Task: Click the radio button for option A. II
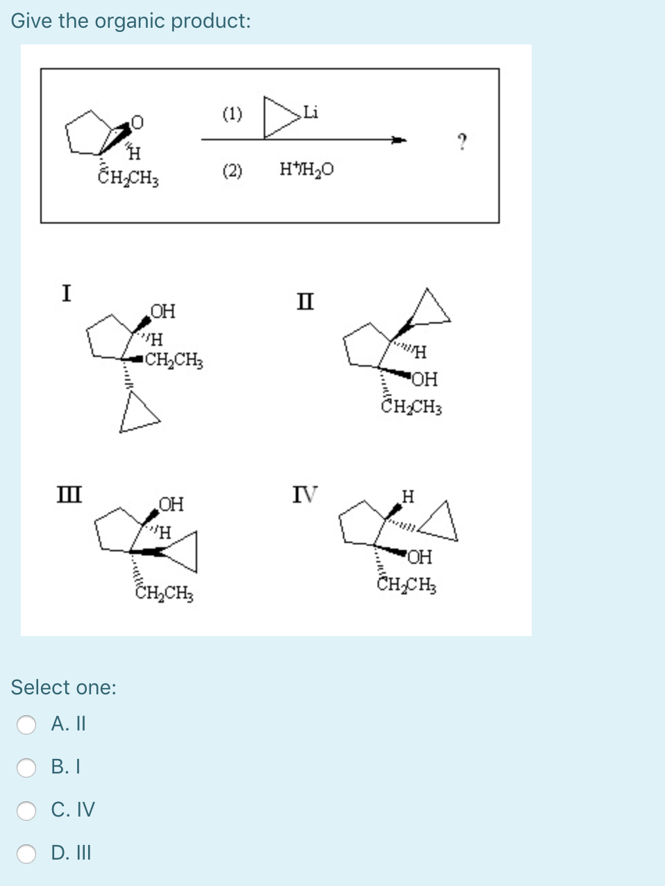tap(26, 724)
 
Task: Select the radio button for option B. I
tap(26, 767)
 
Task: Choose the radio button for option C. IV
tap(26, 810)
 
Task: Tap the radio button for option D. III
tap(26, 853)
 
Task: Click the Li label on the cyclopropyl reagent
tap(310, 112)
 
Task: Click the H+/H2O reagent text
tap(306, 169)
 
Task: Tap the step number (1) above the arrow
tap(233, 113)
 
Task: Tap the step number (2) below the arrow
tap(233, 170)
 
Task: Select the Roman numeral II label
tap(304, 302)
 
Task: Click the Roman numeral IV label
tap(304, 494)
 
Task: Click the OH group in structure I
tap(163, 310)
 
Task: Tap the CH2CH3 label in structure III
tap(164, 593)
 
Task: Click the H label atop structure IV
tap(408, 496)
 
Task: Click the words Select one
tap(64, 687)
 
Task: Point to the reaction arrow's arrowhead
tap(398, 140)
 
